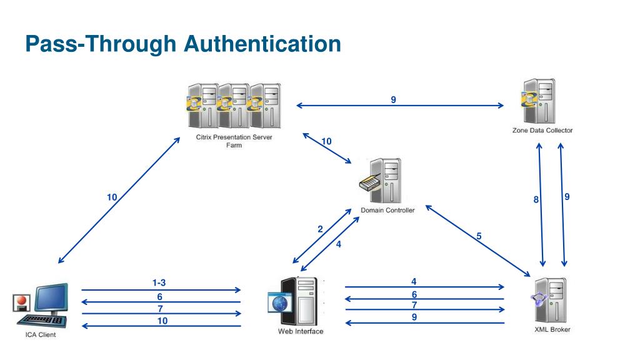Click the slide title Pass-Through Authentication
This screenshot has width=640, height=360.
(x=183, y=44)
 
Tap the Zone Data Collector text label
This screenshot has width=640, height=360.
(x=541, y=131)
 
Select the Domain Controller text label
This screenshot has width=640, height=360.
(x=387, y=210)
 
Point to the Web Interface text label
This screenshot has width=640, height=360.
(x=301, y=331)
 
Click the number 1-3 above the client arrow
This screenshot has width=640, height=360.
(x=159, y=283)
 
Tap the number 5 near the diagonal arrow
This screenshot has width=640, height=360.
(x=479, y=236)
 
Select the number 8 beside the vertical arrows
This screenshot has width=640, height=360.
(x=536, y=200)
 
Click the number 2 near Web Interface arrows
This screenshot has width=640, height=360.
(x=320, y=229)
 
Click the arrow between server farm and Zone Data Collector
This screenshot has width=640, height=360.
(x=400, y=106)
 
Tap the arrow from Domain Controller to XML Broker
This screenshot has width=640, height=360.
(x=477, y=241)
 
